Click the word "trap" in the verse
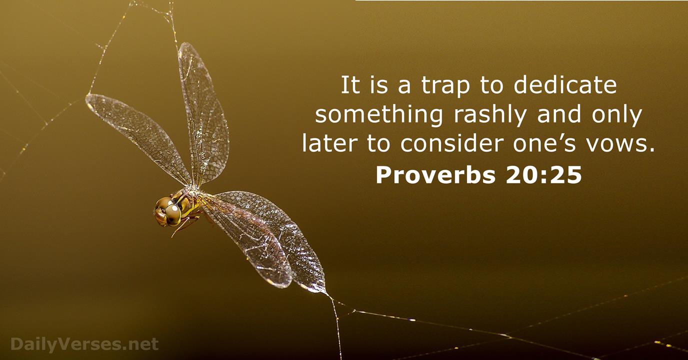445,86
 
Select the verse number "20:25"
543,175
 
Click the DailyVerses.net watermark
84,344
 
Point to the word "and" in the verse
559,114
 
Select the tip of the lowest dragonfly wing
325,292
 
